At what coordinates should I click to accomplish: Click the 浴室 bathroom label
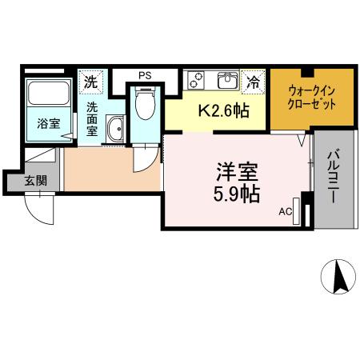[49, 123]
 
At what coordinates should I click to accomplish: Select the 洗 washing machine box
[91, 82]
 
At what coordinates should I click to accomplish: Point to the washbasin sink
[115, 128]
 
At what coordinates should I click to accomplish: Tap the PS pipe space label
[145, 76]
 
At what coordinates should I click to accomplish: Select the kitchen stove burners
[197, 80]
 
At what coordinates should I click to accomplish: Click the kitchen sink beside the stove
[226, 80]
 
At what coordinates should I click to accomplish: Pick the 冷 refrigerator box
[253, 81]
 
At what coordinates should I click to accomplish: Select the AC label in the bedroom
[285, 212]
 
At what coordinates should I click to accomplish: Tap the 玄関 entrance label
[34, 180]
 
